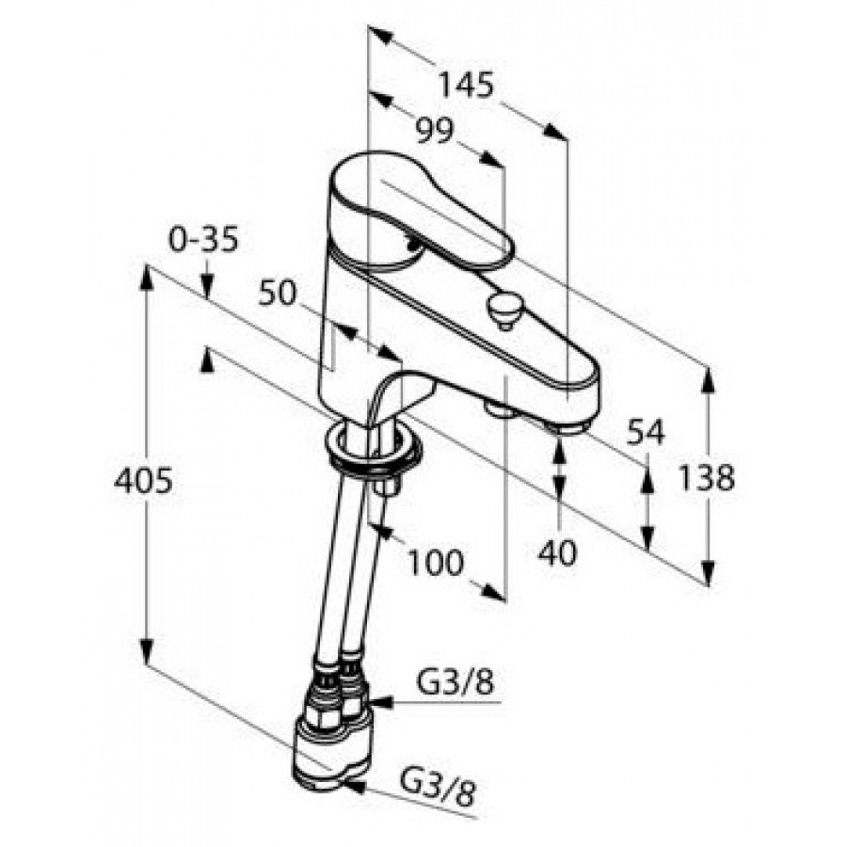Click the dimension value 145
coord(466,86)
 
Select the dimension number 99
coord(435,130)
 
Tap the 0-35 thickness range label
coord(203,239)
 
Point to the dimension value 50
coord(278,293)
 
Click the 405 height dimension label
coord(144,480)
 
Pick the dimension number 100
coord(436,562)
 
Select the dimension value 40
coord(557,553)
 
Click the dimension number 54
coord(646,432)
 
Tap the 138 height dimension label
coord(707,477)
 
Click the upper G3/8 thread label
coord(455,683)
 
